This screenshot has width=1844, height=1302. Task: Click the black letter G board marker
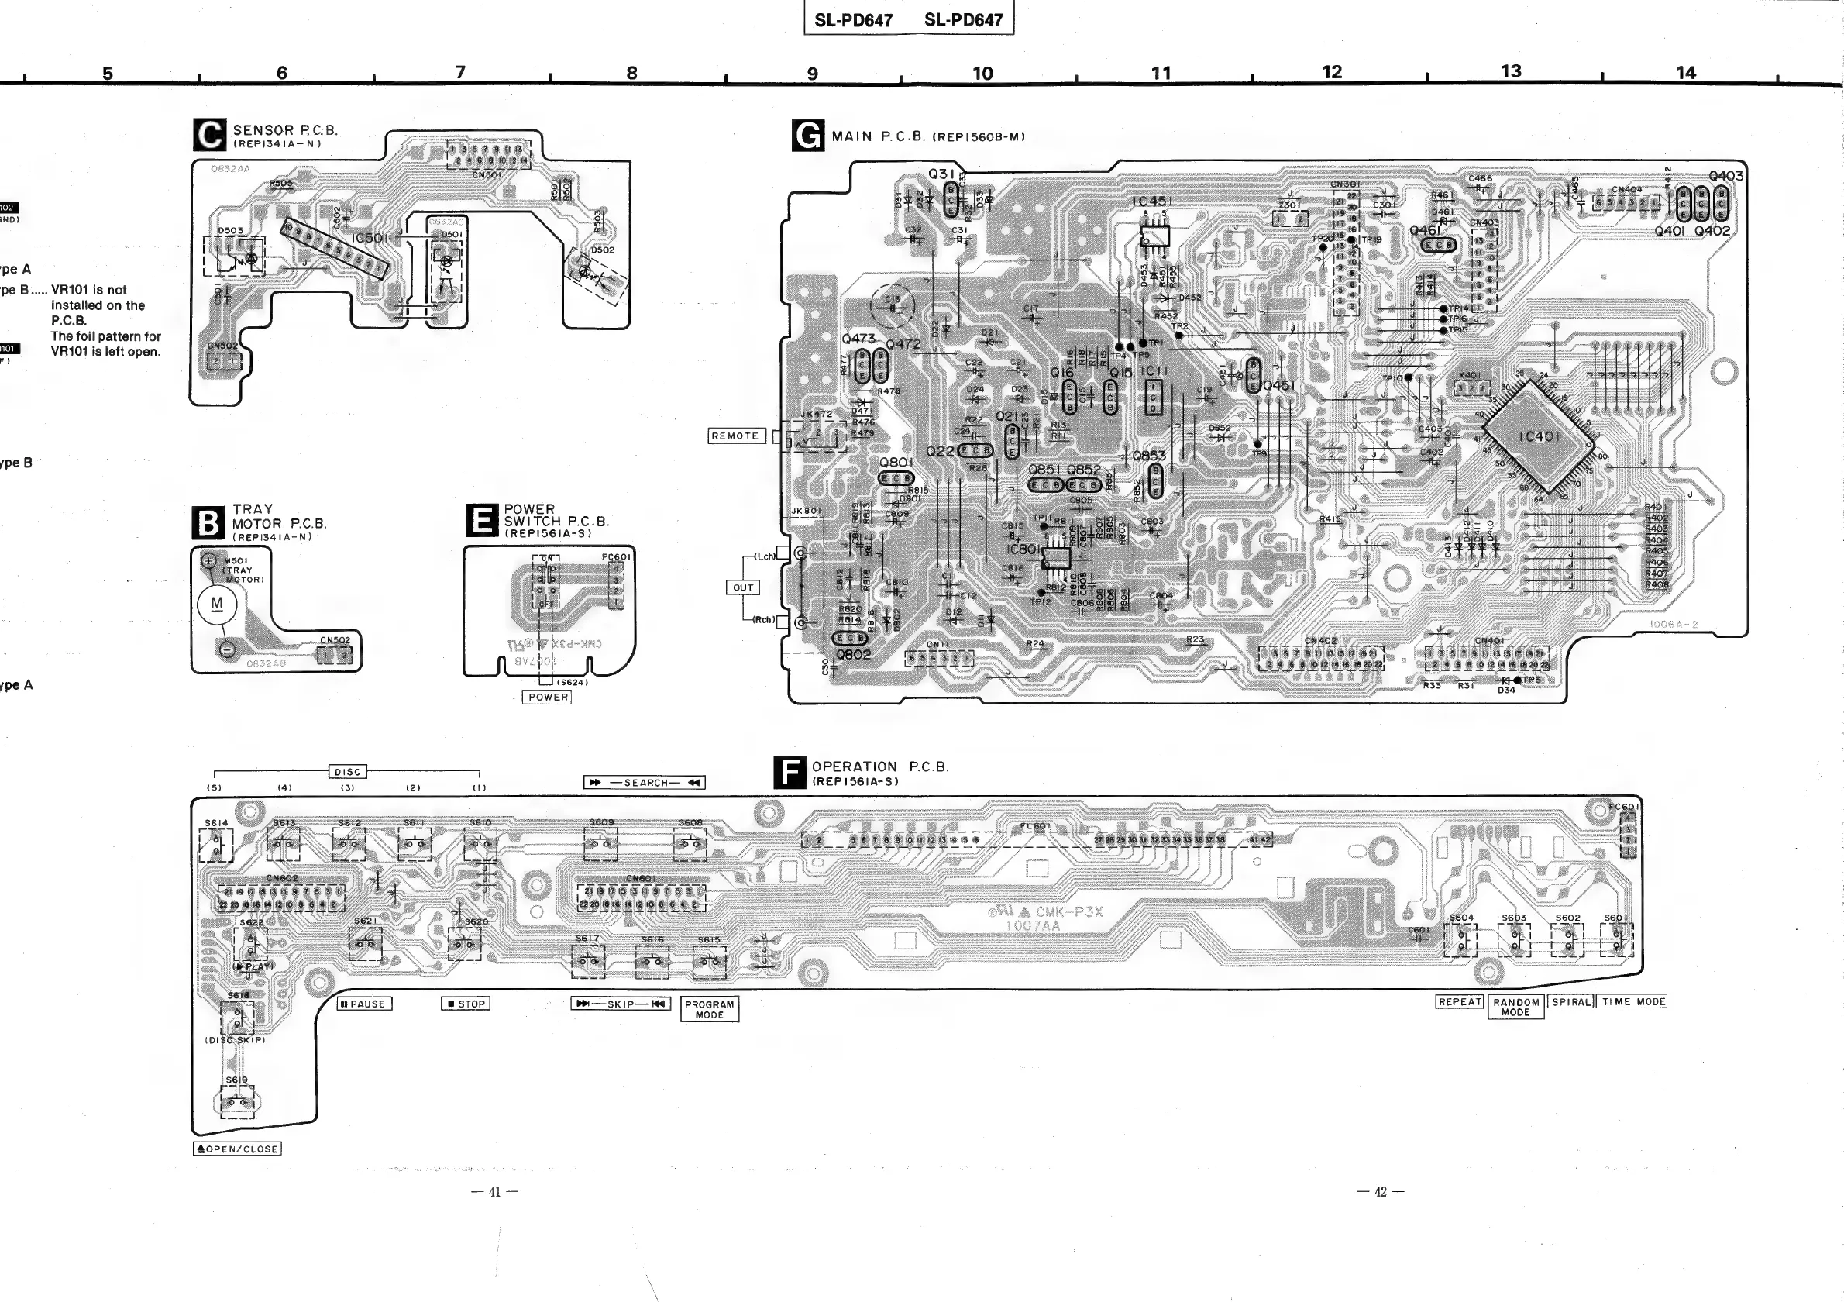point(808,135)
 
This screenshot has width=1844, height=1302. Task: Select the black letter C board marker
point(210,135)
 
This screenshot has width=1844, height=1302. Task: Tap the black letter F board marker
point(790,772)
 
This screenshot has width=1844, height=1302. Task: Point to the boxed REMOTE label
point(735,436)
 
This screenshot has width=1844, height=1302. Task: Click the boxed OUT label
point(743,588)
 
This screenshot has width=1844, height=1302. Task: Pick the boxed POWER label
point(549,697)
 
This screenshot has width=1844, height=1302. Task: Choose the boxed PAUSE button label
point(365,1004)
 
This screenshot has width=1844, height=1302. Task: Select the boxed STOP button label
point(466,1004)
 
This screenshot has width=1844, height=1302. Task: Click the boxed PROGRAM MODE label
point(709,1010)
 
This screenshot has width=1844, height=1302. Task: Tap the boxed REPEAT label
point(1460,1001)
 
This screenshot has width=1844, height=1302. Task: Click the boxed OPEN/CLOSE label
point(238,1149)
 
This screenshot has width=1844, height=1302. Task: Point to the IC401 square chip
point(1539,436)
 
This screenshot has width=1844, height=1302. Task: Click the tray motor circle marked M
point(217,604)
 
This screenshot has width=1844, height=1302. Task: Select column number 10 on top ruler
point(983,74)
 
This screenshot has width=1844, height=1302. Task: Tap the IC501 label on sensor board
point(370,238)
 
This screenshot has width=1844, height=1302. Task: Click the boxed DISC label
point(348,772)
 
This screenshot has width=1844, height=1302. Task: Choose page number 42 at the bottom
point(1381,1192)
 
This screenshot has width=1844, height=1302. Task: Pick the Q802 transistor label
point(853,655)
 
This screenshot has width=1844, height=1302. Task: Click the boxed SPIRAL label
point(1571,1001)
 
